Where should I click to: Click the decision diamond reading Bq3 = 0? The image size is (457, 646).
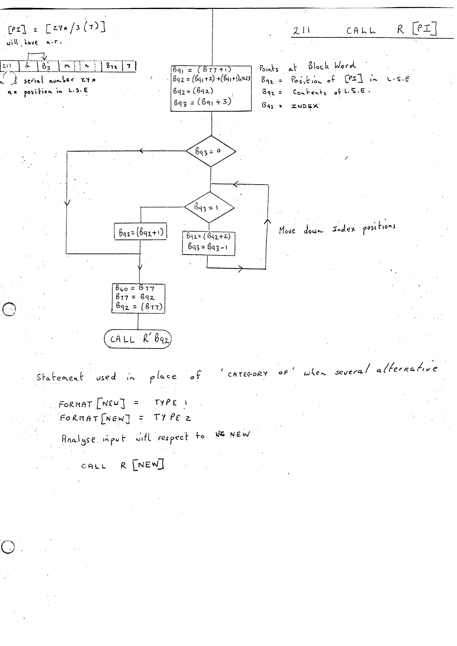point(211,151)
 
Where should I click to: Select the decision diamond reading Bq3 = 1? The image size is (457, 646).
point(209,208)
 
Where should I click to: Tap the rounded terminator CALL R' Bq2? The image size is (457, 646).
point(138,339)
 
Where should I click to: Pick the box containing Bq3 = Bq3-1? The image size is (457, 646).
point(209,243)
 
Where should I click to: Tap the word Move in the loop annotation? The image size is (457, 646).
point(287,230)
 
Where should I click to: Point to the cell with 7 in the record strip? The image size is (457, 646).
point(129,66)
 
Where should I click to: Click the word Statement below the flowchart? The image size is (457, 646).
point(60,377)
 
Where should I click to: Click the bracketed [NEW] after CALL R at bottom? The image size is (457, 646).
point(148,465)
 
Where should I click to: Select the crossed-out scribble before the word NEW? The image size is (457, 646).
point(220,434)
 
